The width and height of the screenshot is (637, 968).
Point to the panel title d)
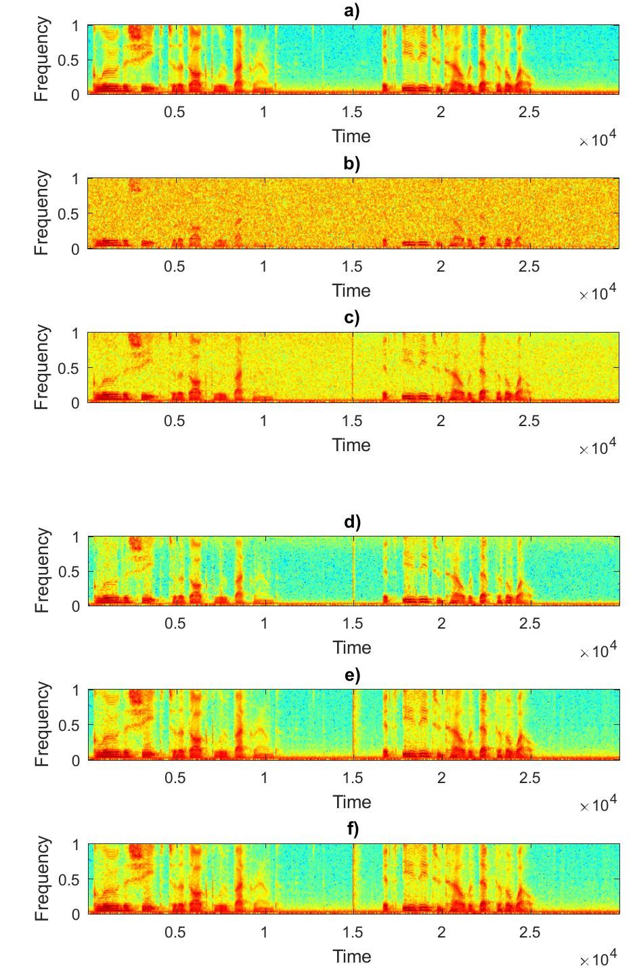[x=352, y=522]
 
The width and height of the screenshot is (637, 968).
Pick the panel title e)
[x=352, y=675]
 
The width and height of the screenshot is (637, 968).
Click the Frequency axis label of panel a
[x=42, y=60]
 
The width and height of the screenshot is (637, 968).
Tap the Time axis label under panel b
[x=351, y=291]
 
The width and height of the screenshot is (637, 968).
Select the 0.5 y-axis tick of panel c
[x=70, y=369]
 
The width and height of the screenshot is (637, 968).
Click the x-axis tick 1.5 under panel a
[x=352, y=112]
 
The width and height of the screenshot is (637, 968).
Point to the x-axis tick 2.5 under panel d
[x=529, y=623]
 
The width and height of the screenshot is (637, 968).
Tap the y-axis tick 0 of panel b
[x=75, y=249]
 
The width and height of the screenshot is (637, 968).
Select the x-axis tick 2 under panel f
[x=441, y=932]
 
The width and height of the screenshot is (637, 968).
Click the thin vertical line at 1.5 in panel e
[x=353, y=724]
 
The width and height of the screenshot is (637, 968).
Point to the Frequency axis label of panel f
[x=42, y=879]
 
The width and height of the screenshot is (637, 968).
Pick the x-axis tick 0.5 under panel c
[x=175, y=421]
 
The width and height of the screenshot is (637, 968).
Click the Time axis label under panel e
[x=352, y=802]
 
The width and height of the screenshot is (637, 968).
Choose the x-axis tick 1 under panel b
[x=263, y=266]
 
